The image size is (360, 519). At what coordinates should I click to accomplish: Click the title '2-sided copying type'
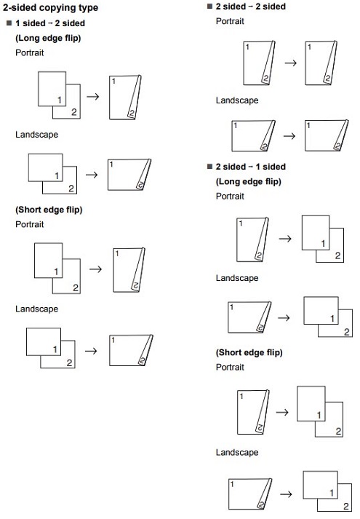point(50,8)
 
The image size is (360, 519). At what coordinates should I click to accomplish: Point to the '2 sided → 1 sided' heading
point(251,167)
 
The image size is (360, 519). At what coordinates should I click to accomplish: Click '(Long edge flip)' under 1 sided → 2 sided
point(48,37)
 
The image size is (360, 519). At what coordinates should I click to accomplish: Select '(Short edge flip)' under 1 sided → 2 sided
point(49,210)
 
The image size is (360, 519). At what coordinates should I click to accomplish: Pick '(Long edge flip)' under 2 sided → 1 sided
point(248,181)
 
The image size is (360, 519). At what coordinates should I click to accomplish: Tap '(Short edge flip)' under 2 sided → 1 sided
point(249,352)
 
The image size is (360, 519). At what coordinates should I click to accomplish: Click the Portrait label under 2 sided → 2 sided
point(230,21)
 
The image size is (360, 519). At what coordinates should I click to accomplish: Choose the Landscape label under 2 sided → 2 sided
point(236,100)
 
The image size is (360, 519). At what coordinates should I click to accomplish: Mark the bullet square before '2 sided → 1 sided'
point(209,167)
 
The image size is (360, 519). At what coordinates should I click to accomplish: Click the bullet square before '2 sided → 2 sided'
point(209,7)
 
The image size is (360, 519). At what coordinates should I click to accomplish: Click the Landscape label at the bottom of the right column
point(236,453)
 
